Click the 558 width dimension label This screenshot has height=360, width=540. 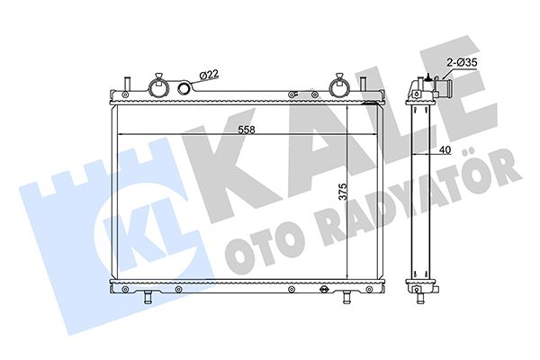(x=247, y=130)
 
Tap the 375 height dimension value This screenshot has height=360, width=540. (x=343, y=192)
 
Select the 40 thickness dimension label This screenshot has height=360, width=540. (x=445, y=150)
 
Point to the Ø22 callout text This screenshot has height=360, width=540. (x=209, y=75)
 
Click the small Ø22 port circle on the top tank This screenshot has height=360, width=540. (x=185, y=88)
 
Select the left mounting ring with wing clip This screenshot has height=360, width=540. (x=158, y=85)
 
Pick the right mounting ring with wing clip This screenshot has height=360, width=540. (x=339, y=85)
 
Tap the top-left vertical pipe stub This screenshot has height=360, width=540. (x=126, y=84)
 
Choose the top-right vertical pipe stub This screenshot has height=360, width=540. (x=363, y=84)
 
